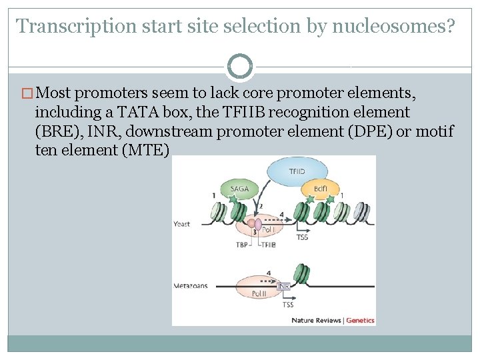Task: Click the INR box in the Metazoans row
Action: (283, 286)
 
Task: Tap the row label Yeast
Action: (182, 224)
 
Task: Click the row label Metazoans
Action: (191, 286)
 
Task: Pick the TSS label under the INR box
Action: (287, 305)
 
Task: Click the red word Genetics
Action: (361, 320)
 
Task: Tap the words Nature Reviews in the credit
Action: (316, 320)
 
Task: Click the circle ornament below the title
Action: (240, 66)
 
